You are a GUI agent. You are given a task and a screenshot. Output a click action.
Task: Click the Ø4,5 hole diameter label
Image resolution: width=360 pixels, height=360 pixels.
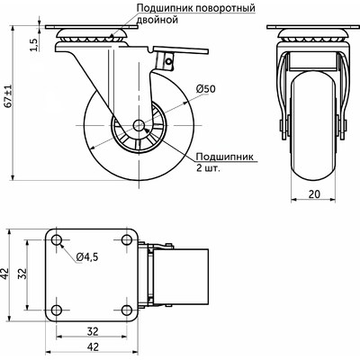tap(87, 258)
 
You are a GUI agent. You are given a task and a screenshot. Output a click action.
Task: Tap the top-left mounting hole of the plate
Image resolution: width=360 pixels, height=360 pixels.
tap(58, 243)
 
